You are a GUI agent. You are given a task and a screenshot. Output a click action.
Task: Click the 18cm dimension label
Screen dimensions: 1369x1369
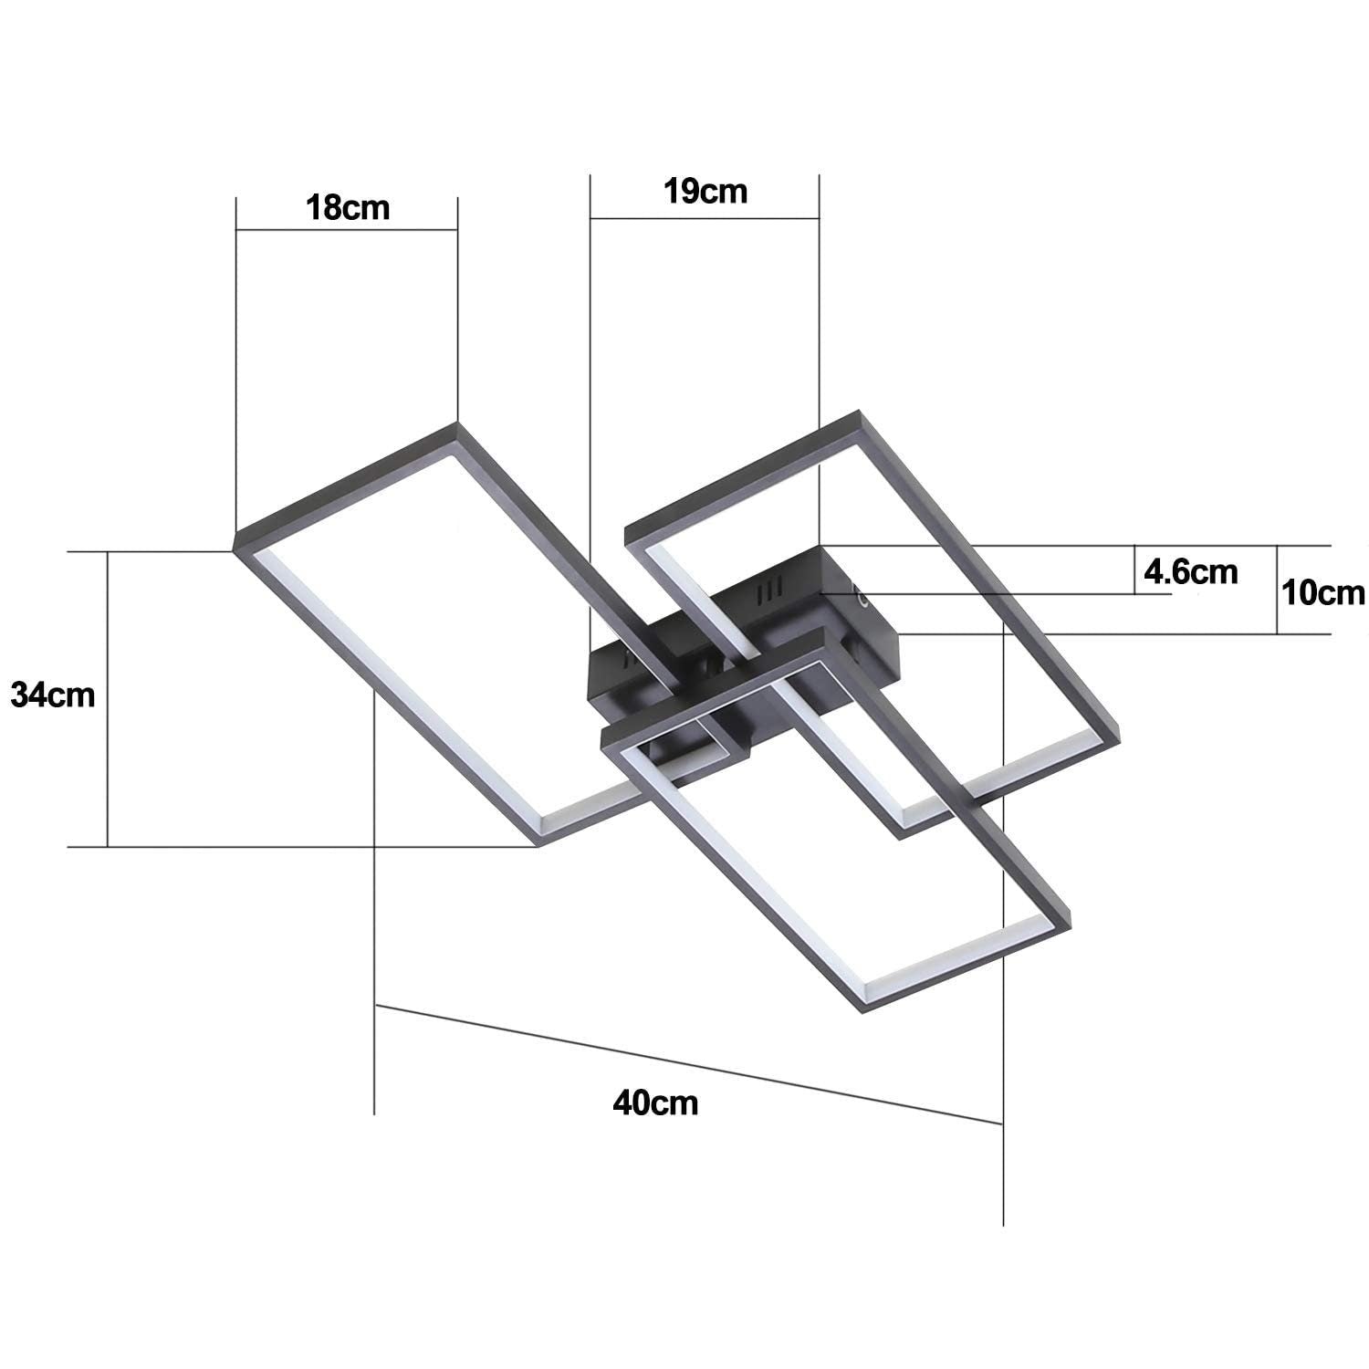(347, 208)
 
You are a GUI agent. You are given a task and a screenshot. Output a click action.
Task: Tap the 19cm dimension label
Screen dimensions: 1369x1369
(705, 192)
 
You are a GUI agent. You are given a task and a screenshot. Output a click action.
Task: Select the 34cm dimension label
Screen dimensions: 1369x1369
(53, 695)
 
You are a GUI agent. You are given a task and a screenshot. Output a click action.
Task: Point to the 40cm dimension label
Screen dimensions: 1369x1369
(655, 1103)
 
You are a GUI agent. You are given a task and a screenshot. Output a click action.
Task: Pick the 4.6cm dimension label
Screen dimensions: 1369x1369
(1191, 572)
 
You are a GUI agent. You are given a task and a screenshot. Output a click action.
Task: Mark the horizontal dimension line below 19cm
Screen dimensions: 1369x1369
(705, 218)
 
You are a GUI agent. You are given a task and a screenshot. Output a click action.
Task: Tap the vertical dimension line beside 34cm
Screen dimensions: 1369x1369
(108, 699)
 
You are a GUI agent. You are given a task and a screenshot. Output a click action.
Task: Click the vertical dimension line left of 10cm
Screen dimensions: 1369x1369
(1277, 590)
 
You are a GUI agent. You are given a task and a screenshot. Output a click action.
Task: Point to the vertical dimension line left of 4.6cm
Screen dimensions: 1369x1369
(1134, 570)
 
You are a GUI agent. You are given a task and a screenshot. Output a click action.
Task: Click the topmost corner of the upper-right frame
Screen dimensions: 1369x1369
(858, 413)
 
